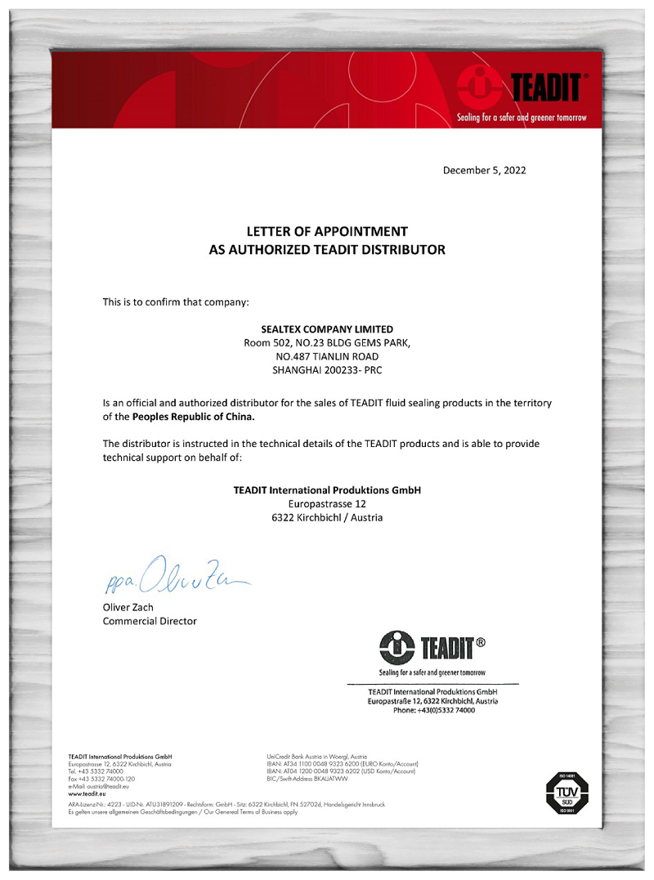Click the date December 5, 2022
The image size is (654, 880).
point(484,171)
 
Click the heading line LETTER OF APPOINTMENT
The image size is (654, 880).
point(327,231)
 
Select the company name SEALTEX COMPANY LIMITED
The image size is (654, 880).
point(327,328)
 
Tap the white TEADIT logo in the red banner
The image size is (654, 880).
point(523,87)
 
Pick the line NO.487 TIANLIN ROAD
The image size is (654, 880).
point(327,356)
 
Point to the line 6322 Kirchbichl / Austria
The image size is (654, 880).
point(327,518)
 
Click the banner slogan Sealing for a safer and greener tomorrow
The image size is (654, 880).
point(522,118)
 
